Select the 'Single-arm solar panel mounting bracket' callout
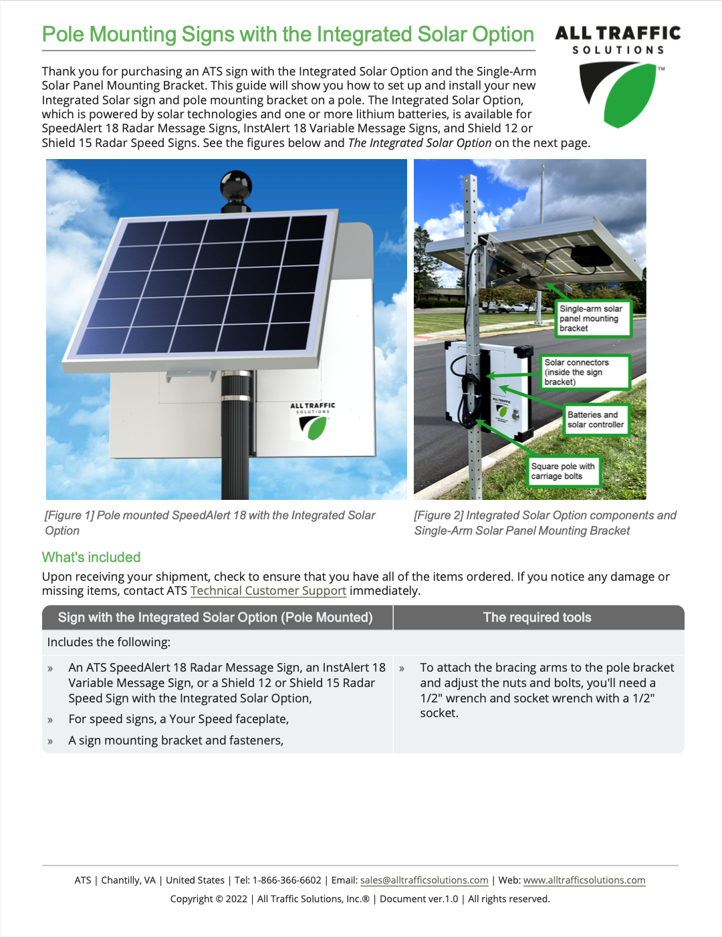pos(593,318)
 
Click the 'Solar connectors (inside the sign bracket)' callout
pos(586,372)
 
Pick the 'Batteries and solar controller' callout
pos(596,420)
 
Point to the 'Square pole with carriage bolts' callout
pos(563,471)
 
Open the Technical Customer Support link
pos(268,591)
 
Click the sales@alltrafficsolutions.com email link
pos(424,880)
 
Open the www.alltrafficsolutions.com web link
pos(584,880)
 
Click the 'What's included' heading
pos(91,557)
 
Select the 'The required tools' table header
pos(537,618)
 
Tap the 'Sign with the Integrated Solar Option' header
pos(215,618)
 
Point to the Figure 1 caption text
pos(209,523)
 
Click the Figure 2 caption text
pos(544,523)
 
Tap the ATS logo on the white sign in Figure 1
pos(313,422)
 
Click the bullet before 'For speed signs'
pos(50,720)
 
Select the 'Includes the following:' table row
pos(108,642)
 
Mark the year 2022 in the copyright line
pos(237,899)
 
